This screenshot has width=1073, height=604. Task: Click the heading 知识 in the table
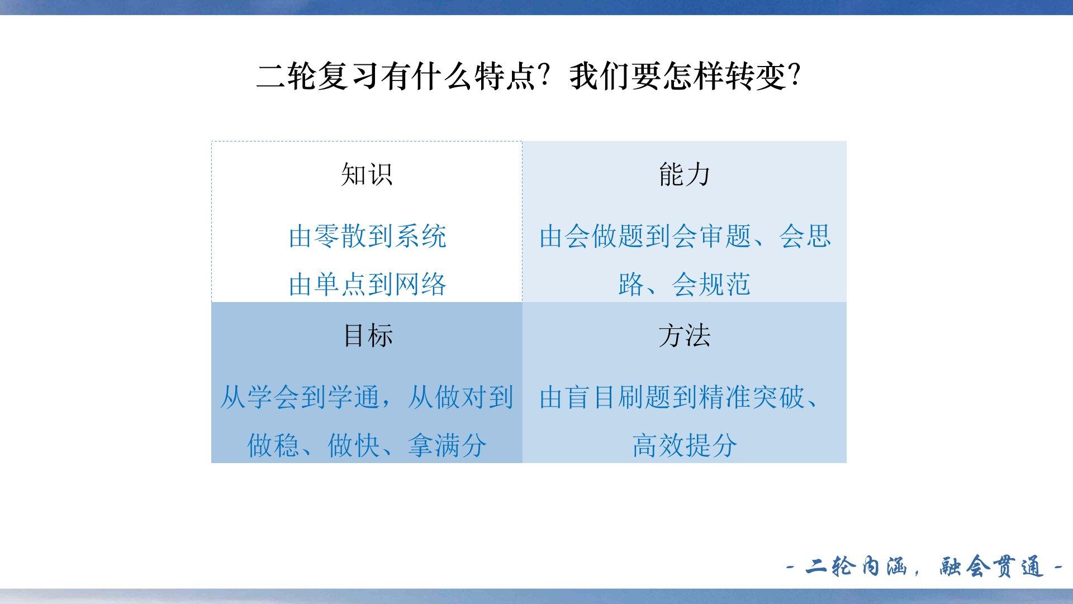tap(367, 174)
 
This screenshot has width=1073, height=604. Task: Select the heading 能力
tap(684, 174)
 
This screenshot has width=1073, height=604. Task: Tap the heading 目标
tap(367, 336)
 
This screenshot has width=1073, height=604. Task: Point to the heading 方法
tap(684, 336)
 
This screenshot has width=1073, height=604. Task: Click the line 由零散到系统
tap(367, 236)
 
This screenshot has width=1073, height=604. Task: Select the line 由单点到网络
tap(367, 284)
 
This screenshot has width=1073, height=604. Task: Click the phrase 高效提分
tap(684, 445)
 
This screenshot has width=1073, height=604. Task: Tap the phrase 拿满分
tap(447, 445)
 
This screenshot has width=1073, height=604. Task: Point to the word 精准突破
tap(751, 397)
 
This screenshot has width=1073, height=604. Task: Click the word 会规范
tap(711, 284)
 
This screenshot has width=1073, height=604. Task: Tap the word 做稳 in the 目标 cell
tap(273, 445)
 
